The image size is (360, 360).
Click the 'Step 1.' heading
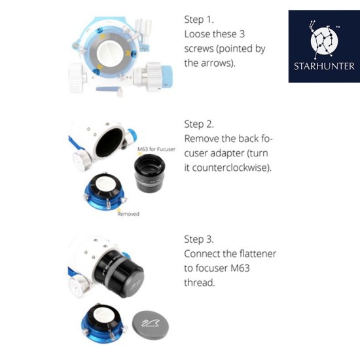[199, 20]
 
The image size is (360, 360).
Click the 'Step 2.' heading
[199, 124]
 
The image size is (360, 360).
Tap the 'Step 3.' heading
[199, 239]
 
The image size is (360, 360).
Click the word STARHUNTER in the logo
[324, 66]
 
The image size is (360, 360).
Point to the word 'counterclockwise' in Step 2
[230, 168]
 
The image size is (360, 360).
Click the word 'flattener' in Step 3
[258, 254]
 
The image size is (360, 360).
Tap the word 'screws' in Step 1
[199, 48]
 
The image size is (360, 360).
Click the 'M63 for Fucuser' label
[156, 149]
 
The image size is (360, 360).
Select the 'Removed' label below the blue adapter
[128, 214]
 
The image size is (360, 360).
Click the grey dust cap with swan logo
[151, 325]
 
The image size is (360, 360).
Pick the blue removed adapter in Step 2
[104, 192]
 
